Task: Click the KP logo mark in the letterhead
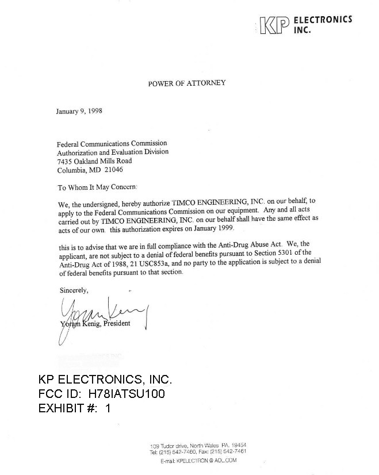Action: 273,25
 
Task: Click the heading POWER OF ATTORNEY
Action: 187,83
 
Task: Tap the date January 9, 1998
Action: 79,111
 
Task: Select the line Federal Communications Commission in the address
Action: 112,143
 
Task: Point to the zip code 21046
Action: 113,170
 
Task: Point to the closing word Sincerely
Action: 74,290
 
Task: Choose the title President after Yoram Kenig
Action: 117,323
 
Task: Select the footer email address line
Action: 198,460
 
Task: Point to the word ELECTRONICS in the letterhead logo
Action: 323,20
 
